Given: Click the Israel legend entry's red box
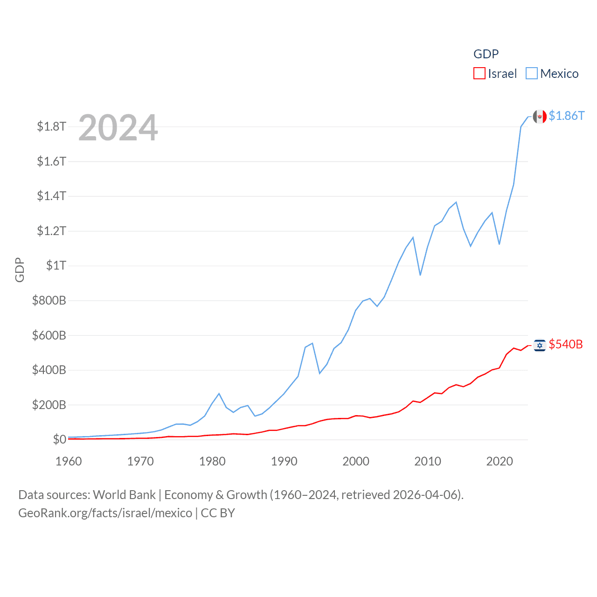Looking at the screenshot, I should (x=479, y=74).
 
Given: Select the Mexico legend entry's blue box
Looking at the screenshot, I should (x=532, y=74).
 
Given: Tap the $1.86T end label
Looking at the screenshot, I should (x=566, y=116).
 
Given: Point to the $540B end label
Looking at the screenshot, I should (x=566, y=344).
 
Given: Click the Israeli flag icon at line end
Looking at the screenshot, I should (x=540, y=345).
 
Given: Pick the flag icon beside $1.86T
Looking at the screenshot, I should (x=540, y=117).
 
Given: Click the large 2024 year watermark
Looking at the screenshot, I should (x=118, y=128).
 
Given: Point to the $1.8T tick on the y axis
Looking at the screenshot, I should (x=51, y=126).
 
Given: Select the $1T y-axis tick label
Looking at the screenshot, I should (x=56, y=265).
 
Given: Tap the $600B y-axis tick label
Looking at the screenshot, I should (x=49, y=335).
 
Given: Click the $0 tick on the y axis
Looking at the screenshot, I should (x=59, y=439).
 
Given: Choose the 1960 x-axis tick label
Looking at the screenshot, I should (x=69, y=461).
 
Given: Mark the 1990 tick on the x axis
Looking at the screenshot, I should (x=284, y=461).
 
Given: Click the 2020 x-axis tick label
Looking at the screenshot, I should (x=500, y=461).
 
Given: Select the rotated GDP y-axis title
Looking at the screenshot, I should (x=20, y=270).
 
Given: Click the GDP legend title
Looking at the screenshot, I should (x=486, y=54).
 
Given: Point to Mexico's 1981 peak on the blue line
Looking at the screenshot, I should (x=219, y=394).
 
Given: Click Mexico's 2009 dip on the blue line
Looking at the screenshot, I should (x=420, y=275).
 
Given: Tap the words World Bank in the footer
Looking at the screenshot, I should (x=124, y=495).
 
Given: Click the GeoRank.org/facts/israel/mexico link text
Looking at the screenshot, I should (x=105, y=513).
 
